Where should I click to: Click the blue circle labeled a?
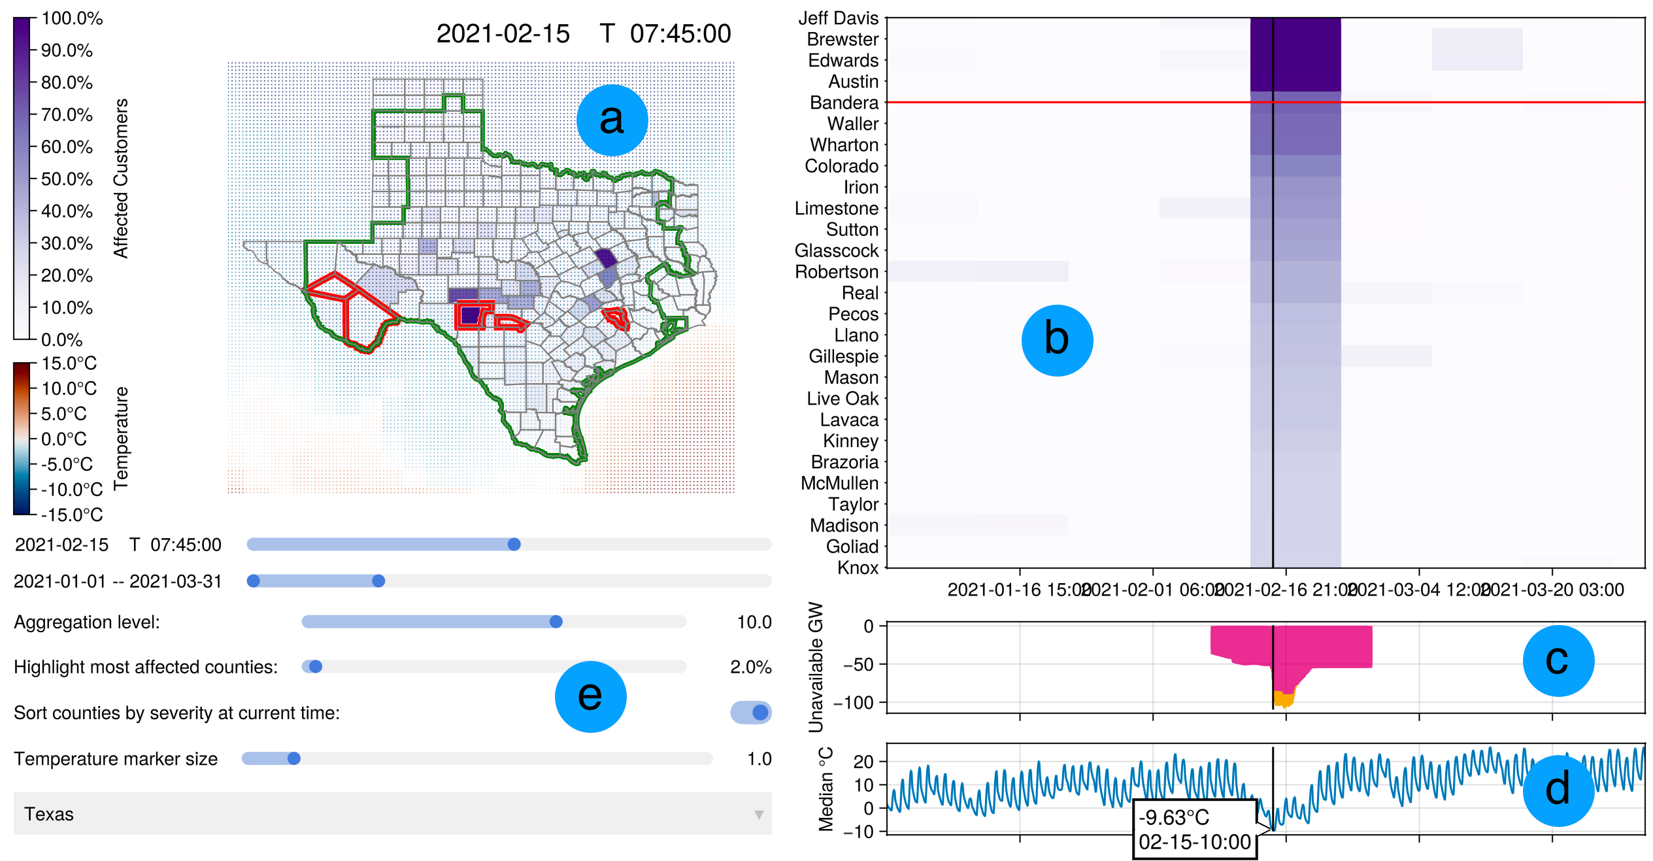[612, 120]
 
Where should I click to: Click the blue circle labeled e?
[590, 696]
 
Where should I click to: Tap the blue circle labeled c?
[1558, 660]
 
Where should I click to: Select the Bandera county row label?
[844, 103]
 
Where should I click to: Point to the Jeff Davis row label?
[838, 18]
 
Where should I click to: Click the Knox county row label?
[858, 567]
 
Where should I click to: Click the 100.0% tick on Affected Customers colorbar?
[72, 18]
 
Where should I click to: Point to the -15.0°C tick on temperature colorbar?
[72, 515]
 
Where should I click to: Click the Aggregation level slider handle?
[556, 622]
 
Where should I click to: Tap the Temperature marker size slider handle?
[294, 758]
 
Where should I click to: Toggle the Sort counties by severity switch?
[752, 713]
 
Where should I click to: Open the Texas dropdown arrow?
[758, 815]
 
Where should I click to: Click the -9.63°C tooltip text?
[1174, 818]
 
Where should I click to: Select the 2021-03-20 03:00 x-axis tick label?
[1552, 590]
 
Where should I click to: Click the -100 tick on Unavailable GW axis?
[854, 703]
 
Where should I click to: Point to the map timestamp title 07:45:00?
[680, 34]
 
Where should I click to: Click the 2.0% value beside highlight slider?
[750, 667]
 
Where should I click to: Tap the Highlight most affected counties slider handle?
[316, 667]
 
